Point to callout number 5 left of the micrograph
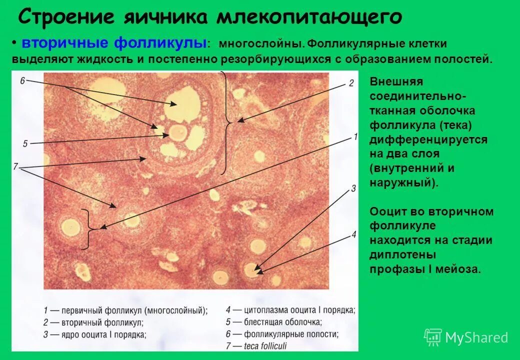pos(24,144)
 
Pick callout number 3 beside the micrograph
pos(353,188)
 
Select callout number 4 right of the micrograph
pos(353,234)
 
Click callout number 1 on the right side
pos(355,136)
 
